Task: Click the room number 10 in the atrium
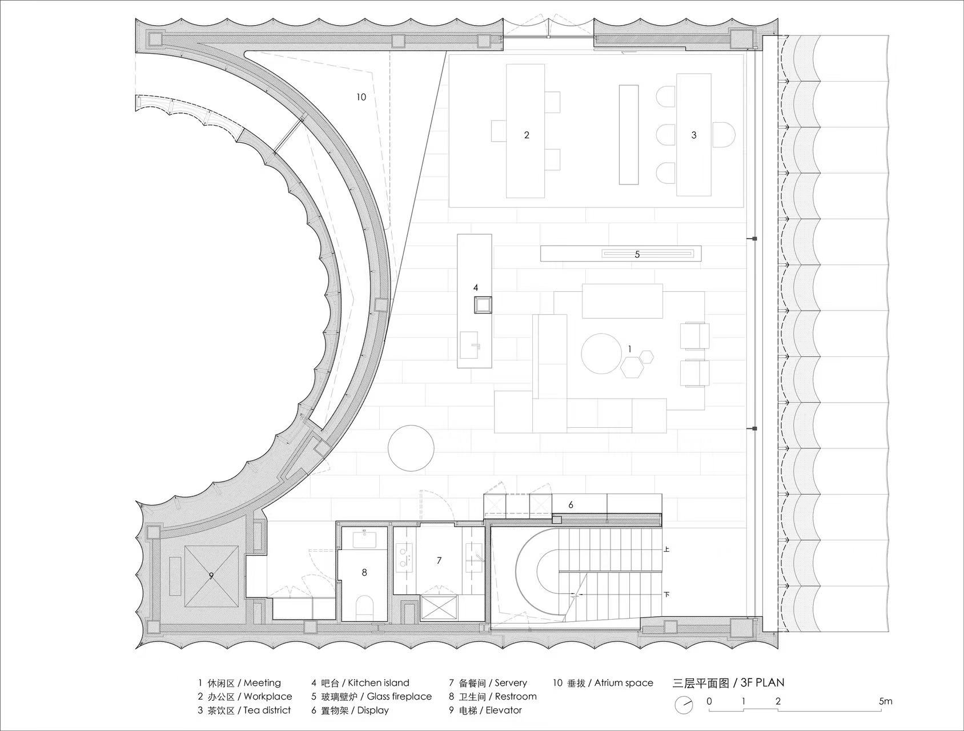(361, 97)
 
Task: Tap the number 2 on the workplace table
(527, 135)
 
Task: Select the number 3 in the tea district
(694, 135)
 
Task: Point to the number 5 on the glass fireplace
(637, 255)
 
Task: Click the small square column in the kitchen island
(483, 304)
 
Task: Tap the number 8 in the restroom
(364, 572)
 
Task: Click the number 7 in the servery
(439, 561)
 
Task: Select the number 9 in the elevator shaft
(211, 576)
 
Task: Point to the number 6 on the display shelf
(571, 505)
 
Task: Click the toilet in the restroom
(364, 606)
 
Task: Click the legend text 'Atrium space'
(623, 682)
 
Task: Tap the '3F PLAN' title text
(762, 682)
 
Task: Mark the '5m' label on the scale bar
(885, 701)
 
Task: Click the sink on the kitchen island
(472, 344)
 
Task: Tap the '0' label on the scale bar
(709, 701)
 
